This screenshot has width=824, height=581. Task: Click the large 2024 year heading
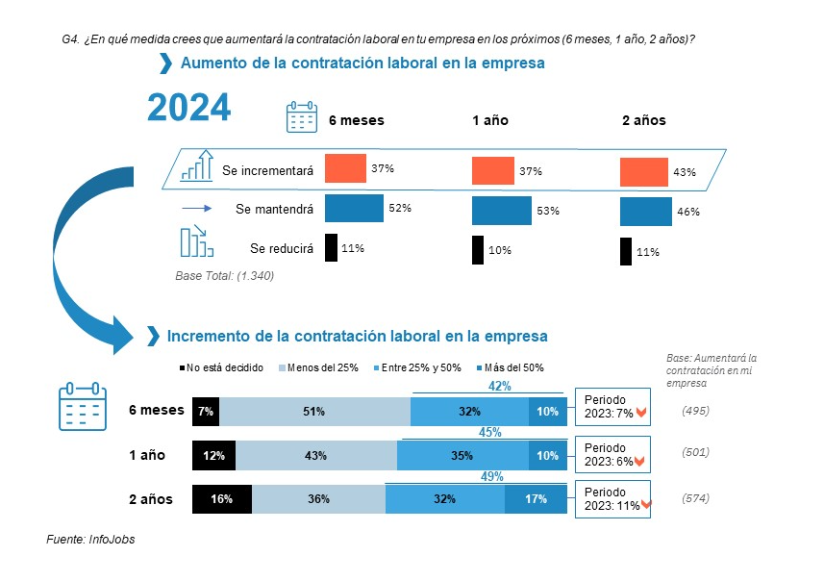188,108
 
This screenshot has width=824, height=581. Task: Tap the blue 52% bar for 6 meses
354,208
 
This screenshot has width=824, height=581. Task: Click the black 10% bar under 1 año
478,250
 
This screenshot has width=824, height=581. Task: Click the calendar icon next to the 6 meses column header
302,116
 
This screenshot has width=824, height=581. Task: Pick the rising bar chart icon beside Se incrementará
196,165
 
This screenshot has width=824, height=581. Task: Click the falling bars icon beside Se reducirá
195,241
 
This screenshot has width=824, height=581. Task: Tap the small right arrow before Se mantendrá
195,208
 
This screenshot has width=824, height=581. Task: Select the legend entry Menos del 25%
319,367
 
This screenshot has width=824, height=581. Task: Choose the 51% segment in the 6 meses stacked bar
314,411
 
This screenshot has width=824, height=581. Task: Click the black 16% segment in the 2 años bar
222,498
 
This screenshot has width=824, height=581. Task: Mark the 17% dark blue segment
536,498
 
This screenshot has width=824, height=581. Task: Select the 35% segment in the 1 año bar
462,455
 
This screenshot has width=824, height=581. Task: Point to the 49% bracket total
491,475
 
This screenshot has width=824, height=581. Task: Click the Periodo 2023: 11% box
613,498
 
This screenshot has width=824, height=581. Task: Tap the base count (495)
695,411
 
